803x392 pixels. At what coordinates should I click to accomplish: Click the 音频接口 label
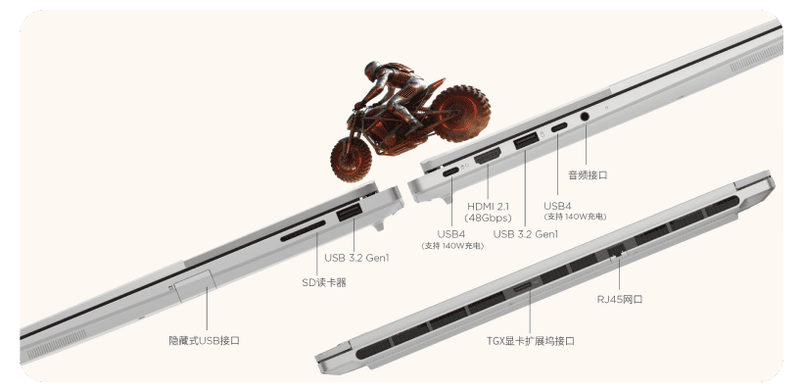(x=588, y=175)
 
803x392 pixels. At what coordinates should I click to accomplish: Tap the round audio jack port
(x=585, y=117)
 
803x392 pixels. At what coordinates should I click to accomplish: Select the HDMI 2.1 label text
(x=489, y=207)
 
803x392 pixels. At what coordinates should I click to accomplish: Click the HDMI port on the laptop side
(x=488, y=156)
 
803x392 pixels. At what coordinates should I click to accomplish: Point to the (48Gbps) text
(x=489, y=218)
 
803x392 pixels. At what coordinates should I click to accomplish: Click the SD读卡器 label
(x=324, y=282)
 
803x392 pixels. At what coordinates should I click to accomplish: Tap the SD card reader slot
(x=303, y=231)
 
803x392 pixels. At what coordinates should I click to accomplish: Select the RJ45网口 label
(x=620, y=299)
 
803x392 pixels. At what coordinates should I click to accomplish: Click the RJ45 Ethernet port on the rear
(x=617, y=252)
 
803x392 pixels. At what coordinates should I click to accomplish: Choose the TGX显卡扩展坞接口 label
(x=530, y=341)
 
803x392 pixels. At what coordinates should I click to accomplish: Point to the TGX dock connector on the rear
(x=524, y=287)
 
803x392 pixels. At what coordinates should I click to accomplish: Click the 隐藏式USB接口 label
(x=205, y=340)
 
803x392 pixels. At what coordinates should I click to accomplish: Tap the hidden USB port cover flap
(x=195, y=284)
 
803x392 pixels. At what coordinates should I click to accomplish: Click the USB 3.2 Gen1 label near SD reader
(x=356, y=258)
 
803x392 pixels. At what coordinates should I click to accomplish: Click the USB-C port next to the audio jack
(x=559, y=126)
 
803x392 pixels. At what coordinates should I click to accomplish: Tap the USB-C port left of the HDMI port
(x=450, y=171)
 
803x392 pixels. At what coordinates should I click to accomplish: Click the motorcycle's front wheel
(x=352, y=159)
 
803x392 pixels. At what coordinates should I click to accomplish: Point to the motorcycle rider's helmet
(x=372, y=70)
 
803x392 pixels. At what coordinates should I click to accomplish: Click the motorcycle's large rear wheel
(x=459, y=114)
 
